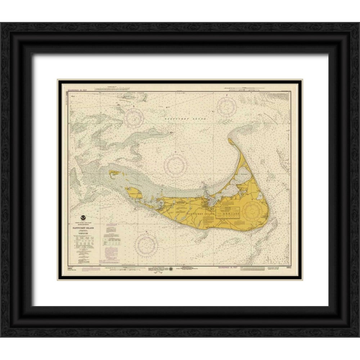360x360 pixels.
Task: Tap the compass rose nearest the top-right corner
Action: (x=227, y=106)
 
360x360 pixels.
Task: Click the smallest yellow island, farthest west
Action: (x=115, y=173)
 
